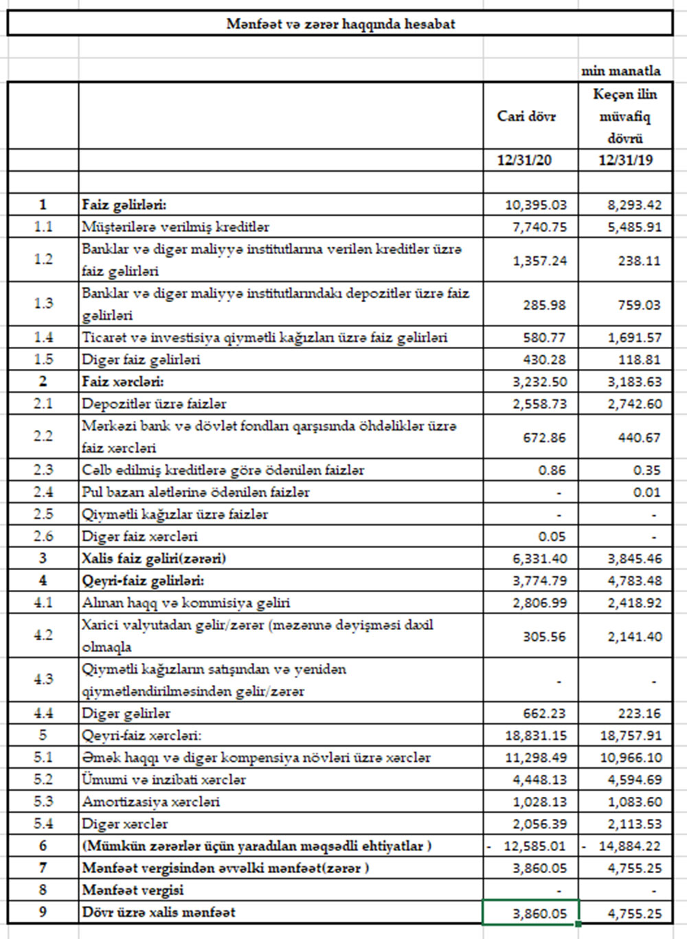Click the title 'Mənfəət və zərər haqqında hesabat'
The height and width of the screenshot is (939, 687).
pyautogui.click(x=341, y=24)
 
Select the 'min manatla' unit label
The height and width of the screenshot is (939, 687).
pyautogui.click(x=621, y=71)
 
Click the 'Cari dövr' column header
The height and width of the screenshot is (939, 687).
pyautogui.click(x=526, y=116)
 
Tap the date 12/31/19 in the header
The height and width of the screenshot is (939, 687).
pyautogui.click(x=625, y=161)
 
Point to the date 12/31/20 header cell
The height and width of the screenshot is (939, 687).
pyautogui.click(x=525, y=161)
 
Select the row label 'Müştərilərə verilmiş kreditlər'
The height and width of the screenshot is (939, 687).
pyautogui.click(x=176, y=227)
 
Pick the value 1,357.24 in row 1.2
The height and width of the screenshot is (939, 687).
pyautogui.click(x=539, y=260)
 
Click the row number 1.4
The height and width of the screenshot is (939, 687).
pyautogui.click(x=43, y=337)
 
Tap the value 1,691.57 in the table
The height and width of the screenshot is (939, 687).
pyautogui.click(x=635, y=337)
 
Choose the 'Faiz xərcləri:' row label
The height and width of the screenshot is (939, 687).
pyautogui.click(x=123, y=381)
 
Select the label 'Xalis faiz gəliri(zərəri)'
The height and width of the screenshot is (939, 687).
pyautogui.click(x=154, y=558)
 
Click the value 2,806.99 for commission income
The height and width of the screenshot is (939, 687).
pyautogui.click(x=539, y=602)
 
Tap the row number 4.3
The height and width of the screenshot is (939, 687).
pyautogui.click(x=43, y=679)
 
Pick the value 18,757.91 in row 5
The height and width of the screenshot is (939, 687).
pyautogui.click(x=630, y=736)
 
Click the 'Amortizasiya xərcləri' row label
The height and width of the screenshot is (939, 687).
pyautogui.click(x=151, y=802)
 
